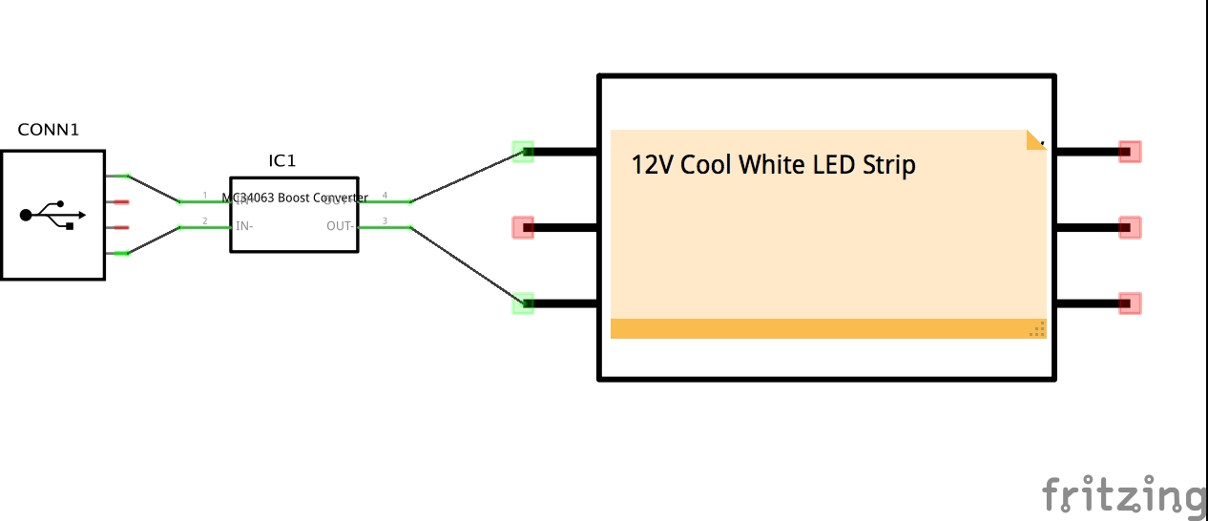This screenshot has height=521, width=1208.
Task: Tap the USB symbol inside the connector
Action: (x=52, y=215)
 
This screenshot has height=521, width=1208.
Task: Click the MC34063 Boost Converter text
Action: (x=295, y=198)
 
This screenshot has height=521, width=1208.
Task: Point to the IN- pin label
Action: (x=244, y=226)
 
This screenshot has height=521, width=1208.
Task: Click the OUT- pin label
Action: (x=341, y=226)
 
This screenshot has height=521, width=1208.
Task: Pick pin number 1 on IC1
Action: (x=204, y=196)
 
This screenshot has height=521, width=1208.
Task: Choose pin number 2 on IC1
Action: (x=204, y=221)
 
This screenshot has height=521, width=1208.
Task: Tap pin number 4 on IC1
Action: (x=385, y=196)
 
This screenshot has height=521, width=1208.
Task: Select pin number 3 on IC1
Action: (x=385, y=221)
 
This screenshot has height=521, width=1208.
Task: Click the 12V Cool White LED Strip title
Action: (x=773, y=165)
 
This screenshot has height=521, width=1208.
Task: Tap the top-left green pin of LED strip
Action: (x=523, y=151)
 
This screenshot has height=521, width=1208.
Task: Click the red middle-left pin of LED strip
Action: (x=523, y=227)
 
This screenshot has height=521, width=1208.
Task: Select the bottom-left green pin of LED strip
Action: (x=523, y=303)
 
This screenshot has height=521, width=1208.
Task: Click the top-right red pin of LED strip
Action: (x=1130, y=151)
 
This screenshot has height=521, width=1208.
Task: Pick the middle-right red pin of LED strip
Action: (x=1130, y=227)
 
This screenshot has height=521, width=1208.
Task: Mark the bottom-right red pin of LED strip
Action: (x=1130, y=303)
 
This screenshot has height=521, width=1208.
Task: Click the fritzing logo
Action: (x=1123, y=495)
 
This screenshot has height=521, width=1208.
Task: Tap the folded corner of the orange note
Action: (x=1035, y=140)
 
